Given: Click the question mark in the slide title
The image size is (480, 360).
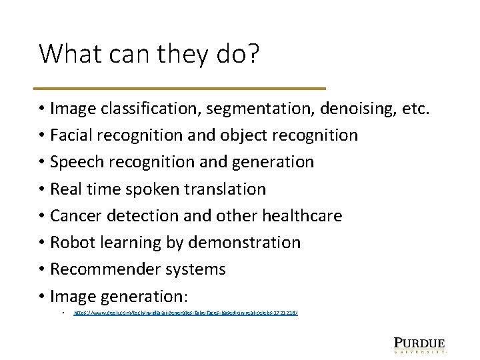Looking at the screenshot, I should (251, 54).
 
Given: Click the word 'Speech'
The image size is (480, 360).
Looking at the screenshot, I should (74, 162).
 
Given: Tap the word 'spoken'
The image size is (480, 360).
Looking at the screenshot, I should (141, 189).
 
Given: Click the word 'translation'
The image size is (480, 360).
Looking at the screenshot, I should (225, 189).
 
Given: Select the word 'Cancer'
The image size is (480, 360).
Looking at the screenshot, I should (75, 216).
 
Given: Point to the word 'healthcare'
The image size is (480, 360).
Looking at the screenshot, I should (302, 216).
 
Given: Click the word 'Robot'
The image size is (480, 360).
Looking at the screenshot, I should (71, 243).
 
